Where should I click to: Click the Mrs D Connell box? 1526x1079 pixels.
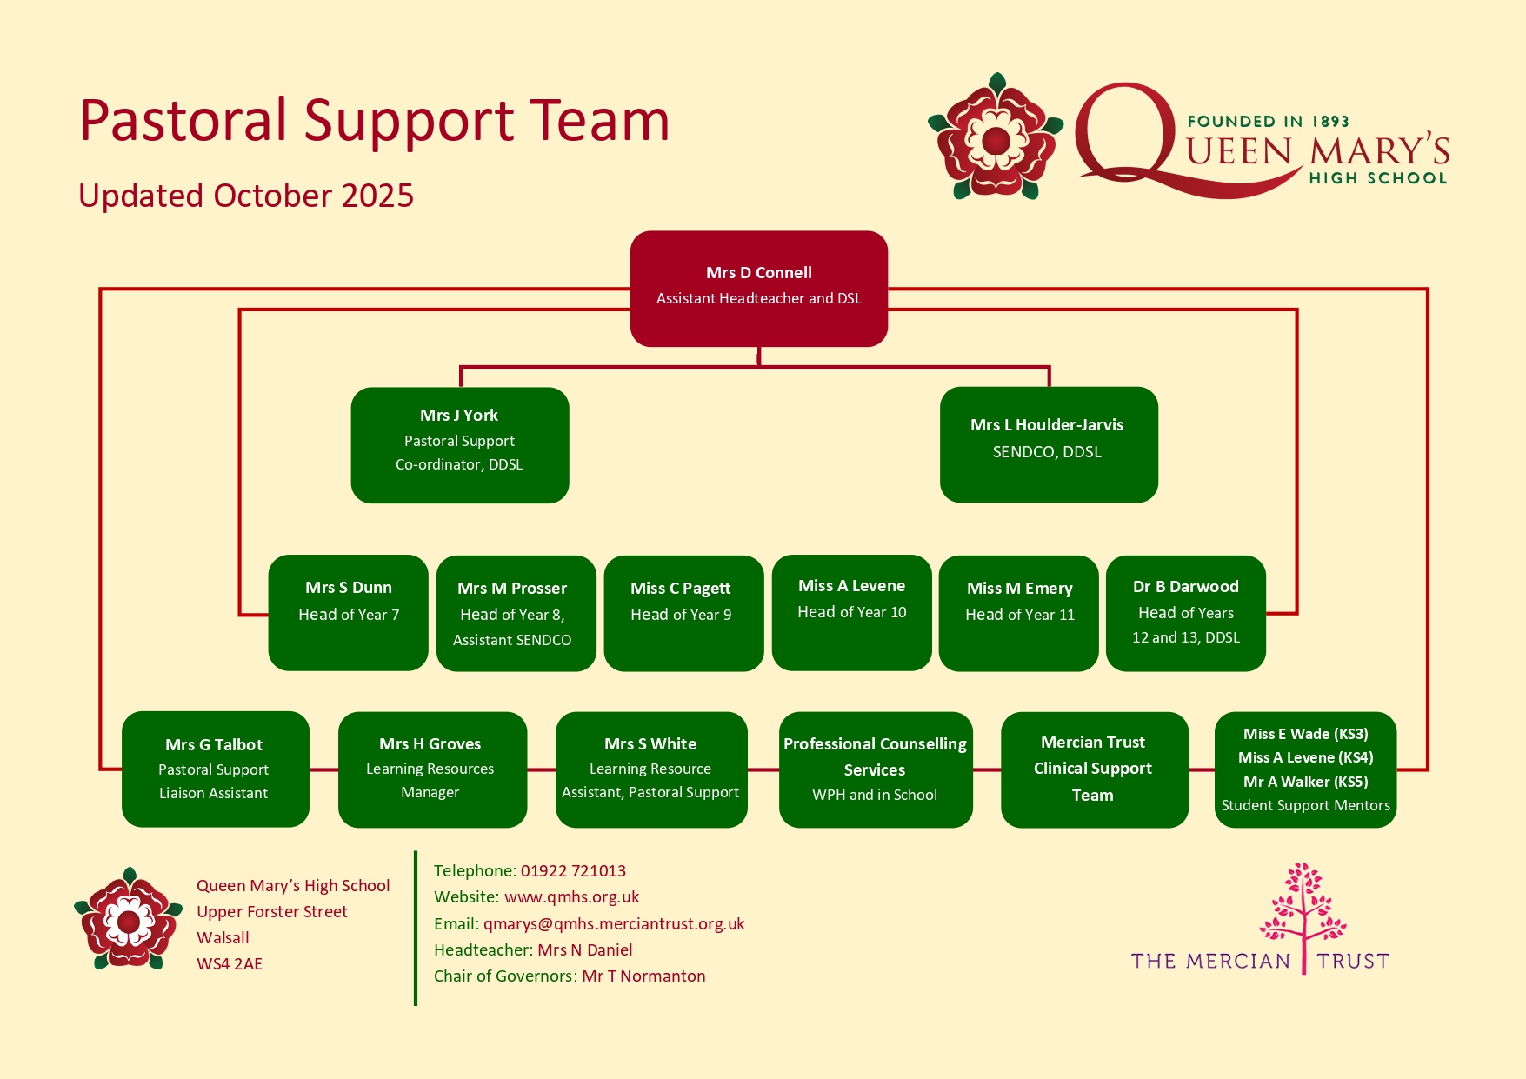(758, 288)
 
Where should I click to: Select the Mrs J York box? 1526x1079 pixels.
(459, 444)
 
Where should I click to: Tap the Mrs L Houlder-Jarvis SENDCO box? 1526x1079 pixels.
(1048, 444)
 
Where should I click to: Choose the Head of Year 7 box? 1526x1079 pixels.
(348, 612)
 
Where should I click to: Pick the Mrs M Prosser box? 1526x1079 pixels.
(516, 613)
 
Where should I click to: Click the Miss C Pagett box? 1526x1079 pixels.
(683, 613)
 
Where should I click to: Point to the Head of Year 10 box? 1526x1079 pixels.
(851, 612)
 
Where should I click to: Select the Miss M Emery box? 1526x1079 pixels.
(1018, 613)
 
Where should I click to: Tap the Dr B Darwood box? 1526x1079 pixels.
(1185, 613)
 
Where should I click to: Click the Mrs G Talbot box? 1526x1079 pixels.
(215, 769)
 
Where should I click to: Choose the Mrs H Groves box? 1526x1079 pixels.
(432, 769)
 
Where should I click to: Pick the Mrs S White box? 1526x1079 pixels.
(650, 769)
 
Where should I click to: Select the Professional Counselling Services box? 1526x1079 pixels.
(875, 769)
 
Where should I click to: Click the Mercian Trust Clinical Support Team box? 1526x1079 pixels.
(1094, 769)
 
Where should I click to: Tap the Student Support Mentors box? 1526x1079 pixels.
(1305, 769)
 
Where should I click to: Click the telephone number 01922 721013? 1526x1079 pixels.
(573, 870)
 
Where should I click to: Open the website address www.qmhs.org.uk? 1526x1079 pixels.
(571, 896)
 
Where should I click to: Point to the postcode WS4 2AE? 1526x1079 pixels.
(230, 963)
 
